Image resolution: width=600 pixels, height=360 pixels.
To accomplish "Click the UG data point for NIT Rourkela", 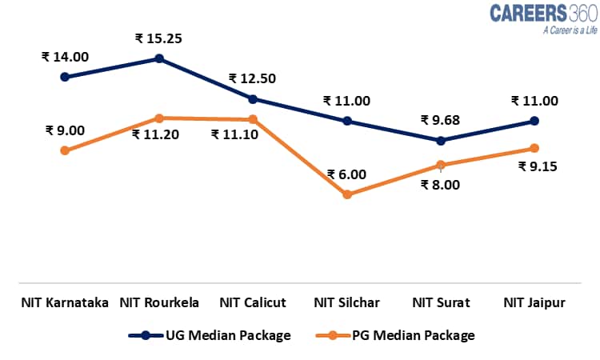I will click(x=159, y=58).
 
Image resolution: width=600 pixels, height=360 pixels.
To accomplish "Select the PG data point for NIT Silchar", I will click(x=347, y=194).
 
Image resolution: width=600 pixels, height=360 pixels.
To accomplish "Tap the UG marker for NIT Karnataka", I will click(x=65, y=77).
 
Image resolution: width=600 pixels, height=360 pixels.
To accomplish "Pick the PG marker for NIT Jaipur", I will click(x=534, y=148).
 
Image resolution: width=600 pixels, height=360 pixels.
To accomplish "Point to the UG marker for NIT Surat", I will click(x=441, y=140).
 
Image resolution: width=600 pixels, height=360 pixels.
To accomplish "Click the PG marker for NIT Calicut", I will click(x=253, y=119).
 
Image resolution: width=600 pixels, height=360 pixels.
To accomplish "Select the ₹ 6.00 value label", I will click(x=346, y=174).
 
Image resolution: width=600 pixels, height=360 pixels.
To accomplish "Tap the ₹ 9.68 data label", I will click(x=441, y=120).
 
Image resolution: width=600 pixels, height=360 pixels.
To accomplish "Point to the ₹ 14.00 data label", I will click(x=65, y=57).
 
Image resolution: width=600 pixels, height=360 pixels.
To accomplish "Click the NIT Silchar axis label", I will click(x=346, y=302).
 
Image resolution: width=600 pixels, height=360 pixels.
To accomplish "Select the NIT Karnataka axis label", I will click(x=65, y=302).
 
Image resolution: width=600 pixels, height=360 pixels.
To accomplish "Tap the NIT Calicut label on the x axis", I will click(x=253, y=302).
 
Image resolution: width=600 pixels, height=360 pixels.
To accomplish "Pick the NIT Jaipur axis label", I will click(x=534, y=302).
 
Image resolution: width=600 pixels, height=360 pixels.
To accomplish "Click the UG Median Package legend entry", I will click(x=210, y=335).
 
